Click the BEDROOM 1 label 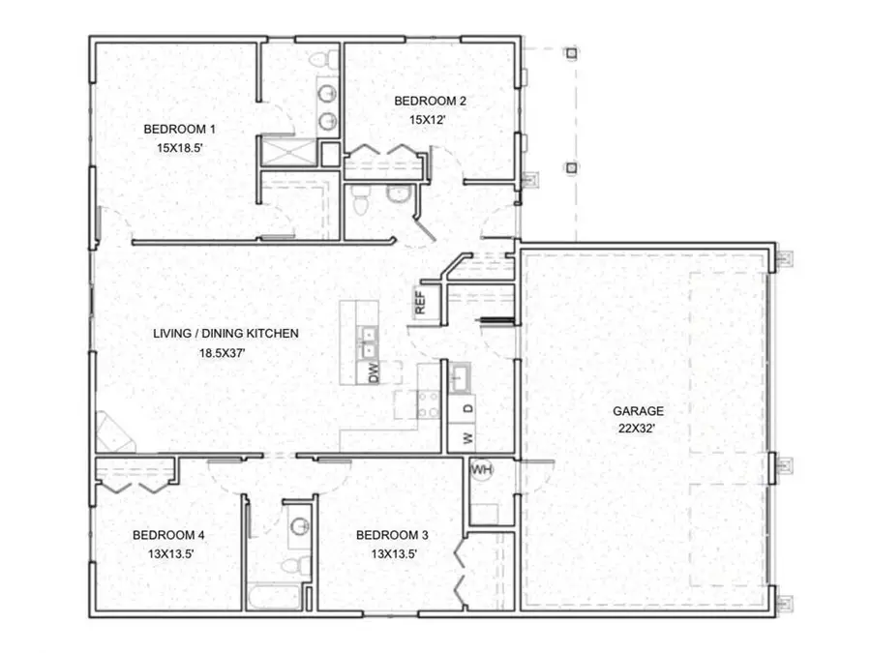[x=179, y=129]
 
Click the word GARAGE [x=637, y=410]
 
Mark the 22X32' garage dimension [x=637, y=430]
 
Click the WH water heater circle [x=481, y=470]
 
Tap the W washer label [x=466, y=438]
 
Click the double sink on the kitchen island [x=369, y=341]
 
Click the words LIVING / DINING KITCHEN [x=225, y=334]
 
